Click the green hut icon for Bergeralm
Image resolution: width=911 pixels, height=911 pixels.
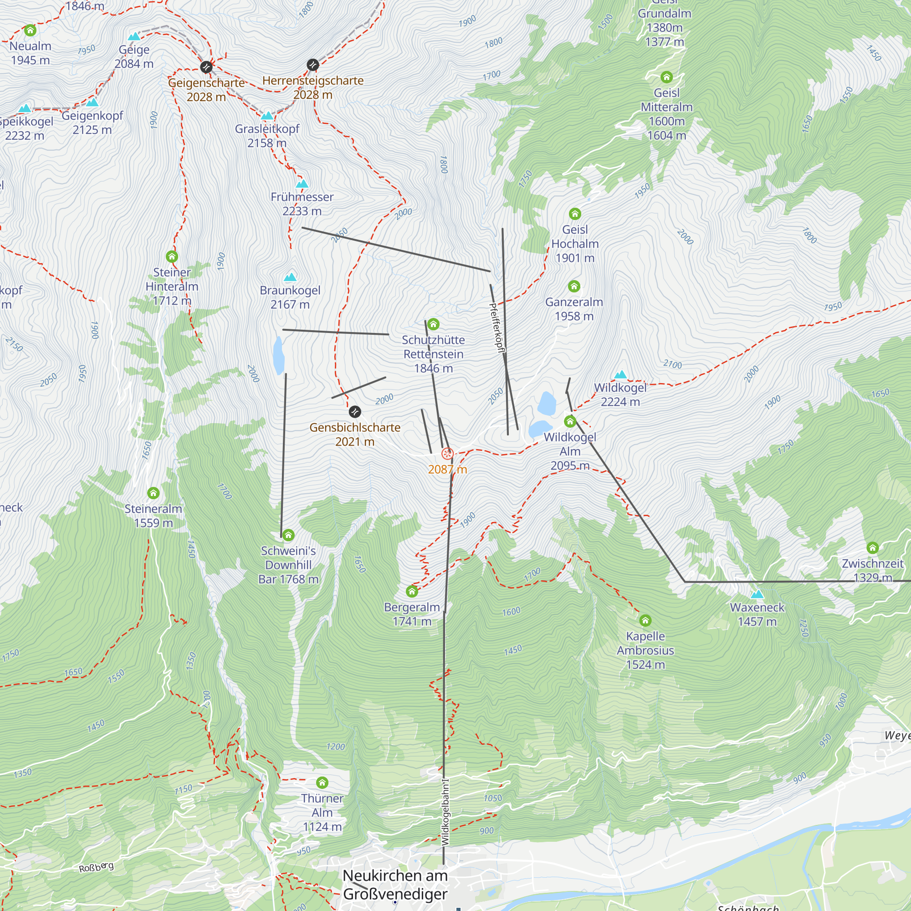click(x=412, y=591)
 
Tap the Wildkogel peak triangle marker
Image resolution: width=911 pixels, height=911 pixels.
click(x=620, y=375)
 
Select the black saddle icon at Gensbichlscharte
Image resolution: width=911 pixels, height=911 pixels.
click(x=354, y=412)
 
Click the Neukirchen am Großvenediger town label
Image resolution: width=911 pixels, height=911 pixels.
click(x=395, y=885)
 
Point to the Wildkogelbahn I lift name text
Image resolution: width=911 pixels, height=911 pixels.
click(x=445, y=812)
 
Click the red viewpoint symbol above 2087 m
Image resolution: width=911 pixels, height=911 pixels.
click(x=447, y=454)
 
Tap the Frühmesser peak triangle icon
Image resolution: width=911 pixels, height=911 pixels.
click(x=302, y=184)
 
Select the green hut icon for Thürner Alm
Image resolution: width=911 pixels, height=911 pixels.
click(x=322, y=783)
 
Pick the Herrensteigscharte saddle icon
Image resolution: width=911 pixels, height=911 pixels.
click(x=312, y=65)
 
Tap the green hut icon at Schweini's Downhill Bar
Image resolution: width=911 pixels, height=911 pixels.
click(x=288, y=535)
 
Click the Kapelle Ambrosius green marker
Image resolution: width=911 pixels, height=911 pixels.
click(x=645, y=620)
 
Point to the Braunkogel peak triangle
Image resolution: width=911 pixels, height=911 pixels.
click(x=290, y=277)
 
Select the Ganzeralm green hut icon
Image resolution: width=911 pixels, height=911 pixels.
click(x=574, y=286)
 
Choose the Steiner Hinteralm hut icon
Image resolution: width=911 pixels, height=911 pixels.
click(x=172, y=256)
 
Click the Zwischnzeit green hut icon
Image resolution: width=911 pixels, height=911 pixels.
click(x=872, y=548)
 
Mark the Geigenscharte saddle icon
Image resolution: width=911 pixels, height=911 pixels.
click(x=206, y=67)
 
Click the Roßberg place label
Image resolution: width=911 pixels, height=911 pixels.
click(x=96, y=867)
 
